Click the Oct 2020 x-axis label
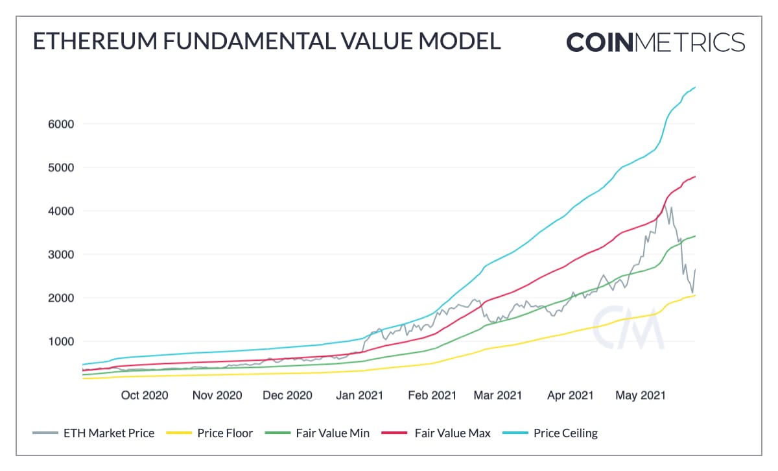145,395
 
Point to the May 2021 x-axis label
640,395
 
